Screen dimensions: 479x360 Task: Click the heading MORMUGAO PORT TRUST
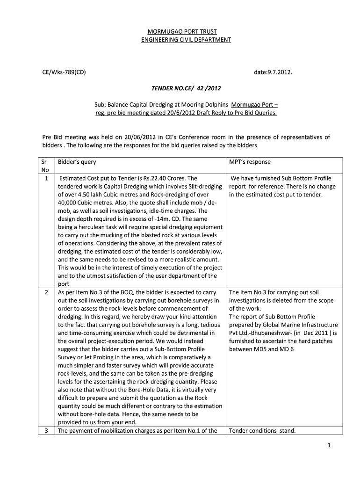click(x=186, y=31)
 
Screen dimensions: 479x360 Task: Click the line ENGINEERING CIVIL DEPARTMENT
click(x=186, y=40)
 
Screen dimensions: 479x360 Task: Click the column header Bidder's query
click(x=77, y=162)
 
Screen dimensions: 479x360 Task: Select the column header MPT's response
click(x=250, y=162)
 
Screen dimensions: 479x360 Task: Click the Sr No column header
click(x=46, y=166)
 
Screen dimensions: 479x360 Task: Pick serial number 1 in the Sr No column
click(x=46, y=178)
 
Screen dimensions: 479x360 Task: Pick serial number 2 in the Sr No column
click(x=46, y=292)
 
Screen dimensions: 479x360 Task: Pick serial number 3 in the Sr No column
click(x=46, y=431)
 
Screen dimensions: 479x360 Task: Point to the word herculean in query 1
click(x=89, y=227)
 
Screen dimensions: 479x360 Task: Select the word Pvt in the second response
click(x=234, y=333)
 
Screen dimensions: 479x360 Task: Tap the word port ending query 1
click(x=63, y=283)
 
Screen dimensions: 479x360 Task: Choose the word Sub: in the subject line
click(x=101, y=105)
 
